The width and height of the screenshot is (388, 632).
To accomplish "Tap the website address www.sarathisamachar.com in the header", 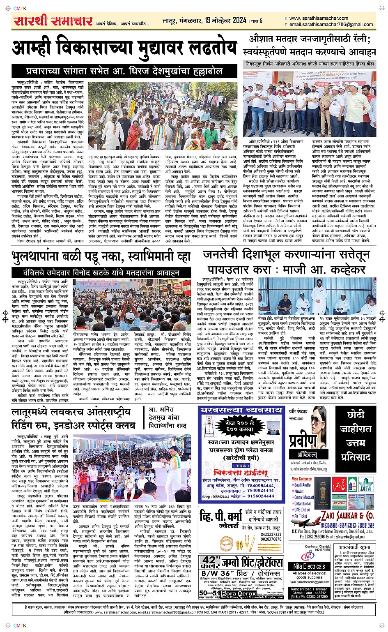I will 318,18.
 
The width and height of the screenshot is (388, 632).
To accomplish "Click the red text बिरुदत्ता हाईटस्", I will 242,473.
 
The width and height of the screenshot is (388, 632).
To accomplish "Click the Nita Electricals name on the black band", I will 310,566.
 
